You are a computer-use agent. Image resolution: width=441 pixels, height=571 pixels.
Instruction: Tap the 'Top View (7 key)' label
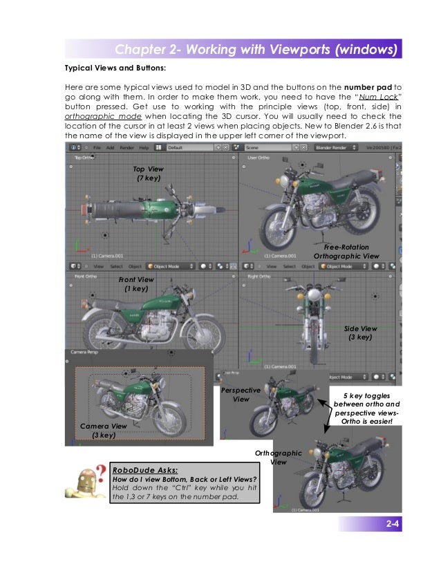149,174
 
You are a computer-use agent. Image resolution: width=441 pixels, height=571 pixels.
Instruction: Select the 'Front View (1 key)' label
136,284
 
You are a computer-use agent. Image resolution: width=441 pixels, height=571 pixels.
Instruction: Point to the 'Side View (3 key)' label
361,333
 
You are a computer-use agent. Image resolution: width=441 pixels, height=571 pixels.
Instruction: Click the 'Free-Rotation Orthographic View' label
346,251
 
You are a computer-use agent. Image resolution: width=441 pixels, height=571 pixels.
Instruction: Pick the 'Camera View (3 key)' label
104,431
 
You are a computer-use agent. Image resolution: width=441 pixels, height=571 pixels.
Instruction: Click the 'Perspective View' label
241,395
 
